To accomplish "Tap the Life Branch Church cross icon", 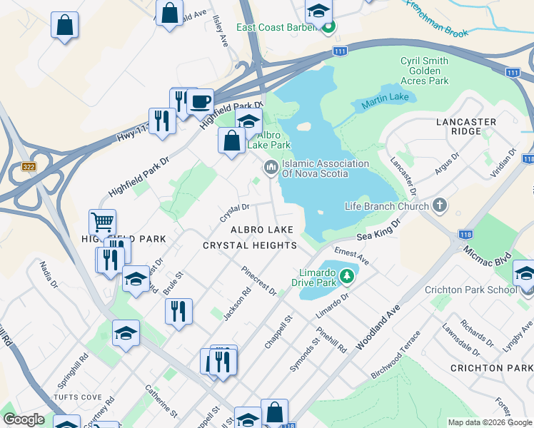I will [440, 206].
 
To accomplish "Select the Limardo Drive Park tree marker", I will [347, 275].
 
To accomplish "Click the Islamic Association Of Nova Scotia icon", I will [271, 168].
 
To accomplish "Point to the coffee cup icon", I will [200, 101].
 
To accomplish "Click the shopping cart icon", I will [103, 222].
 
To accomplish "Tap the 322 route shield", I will [29, 167].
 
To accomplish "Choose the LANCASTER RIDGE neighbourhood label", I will [465, 127].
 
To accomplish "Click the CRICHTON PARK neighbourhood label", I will [491, 368].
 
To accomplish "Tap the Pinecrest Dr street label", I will [259, 281].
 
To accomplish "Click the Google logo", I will [24, 420].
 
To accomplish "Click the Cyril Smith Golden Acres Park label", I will [425, 71].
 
